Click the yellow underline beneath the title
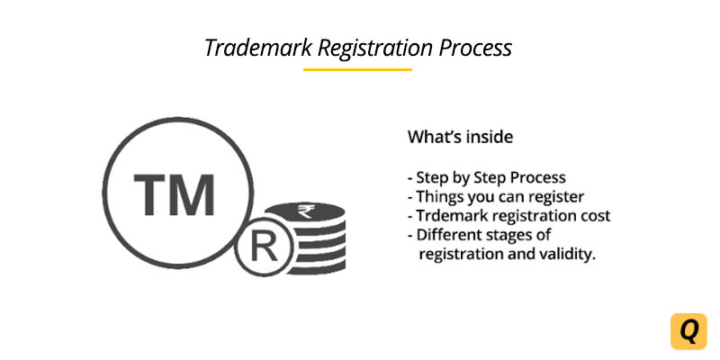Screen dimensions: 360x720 [357, 69]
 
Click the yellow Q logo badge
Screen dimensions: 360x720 [688, 330]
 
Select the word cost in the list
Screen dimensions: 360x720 [594, 216]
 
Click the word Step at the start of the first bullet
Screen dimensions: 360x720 [431, 177]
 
